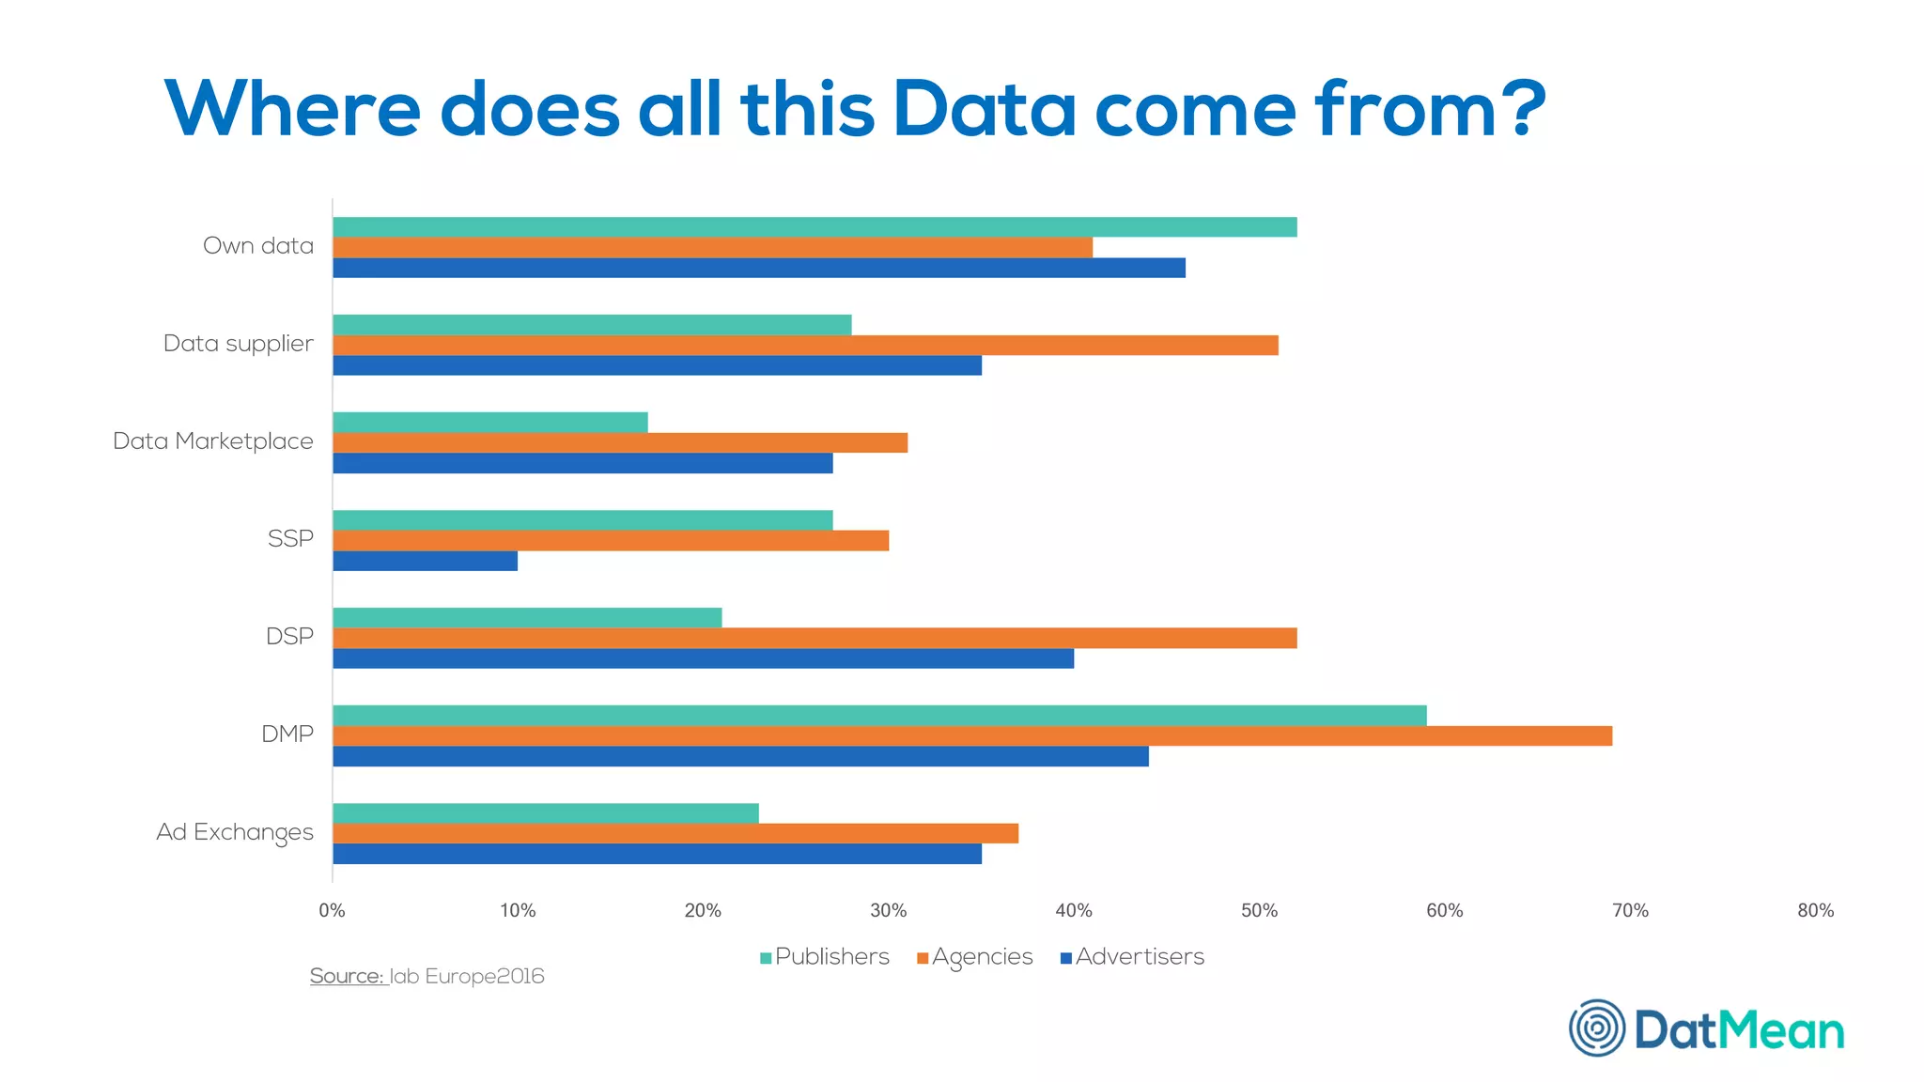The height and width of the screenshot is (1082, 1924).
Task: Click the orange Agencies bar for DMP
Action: point(972,735)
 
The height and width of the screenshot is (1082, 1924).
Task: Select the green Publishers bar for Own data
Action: point(815,227)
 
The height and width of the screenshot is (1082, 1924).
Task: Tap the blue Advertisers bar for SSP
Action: point(425,561)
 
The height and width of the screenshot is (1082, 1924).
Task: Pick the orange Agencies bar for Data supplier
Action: point(805,345)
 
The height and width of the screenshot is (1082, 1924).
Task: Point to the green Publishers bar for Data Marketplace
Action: point(490,422)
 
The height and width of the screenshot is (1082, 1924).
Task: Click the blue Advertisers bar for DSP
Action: point(703,658)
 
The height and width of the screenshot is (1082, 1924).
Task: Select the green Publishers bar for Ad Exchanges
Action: point(546,812)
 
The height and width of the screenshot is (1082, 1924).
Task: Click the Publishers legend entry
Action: point(825,957)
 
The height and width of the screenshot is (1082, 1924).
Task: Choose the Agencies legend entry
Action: point(975,957)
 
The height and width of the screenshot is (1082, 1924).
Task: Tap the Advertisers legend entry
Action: point(1132,957)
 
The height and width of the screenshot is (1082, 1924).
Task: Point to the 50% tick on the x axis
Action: point(1259,910)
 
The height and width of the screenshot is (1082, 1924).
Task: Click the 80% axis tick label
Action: point(1815,910)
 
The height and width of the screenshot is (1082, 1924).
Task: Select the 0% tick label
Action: point(332,910)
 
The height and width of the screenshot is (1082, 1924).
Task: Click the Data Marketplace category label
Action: point(213,441)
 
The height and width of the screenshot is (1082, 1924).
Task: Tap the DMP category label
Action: point(287,734)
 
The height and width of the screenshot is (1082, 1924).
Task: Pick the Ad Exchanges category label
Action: point(235,832)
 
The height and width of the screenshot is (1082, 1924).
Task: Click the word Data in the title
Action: point(984,109)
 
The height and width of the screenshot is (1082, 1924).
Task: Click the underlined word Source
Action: point(347,977)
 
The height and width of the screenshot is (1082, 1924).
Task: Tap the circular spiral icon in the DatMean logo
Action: point(1596,1028)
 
